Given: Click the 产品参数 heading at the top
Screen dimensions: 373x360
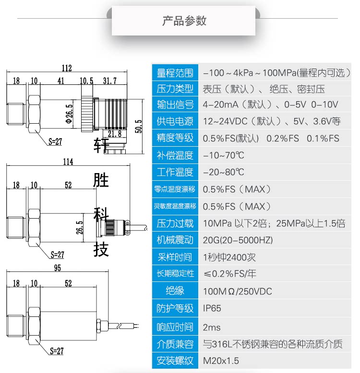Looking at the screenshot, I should pos(184,21).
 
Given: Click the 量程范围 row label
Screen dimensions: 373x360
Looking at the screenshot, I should pos(175,73).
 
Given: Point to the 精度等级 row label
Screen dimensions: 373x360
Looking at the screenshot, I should pos(175,138).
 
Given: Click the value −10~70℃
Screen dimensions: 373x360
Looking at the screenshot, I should pos(224,155).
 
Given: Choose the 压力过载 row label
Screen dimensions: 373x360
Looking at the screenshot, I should pos(175,223).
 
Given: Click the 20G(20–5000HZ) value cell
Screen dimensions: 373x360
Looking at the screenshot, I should pos(238,240).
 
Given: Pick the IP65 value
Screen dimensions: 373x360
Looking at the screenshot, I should pos(212,308).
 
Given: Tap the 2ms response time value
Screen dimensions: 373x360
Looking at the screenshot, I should pos(212,327).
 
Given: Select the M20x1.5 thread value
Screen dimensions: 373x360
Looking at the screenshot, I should pos(221,361).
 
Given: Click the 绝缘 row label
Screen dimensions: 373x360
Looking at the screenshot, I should pos(175,291).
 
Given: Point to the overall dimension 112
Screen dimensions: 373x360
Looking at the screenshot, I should pos(67,68).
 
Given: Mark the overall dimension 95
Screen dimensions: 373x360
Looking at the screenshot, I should pos(57,268).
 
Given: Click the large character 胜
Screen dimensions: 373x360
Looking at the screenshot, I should pos(101,180).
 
